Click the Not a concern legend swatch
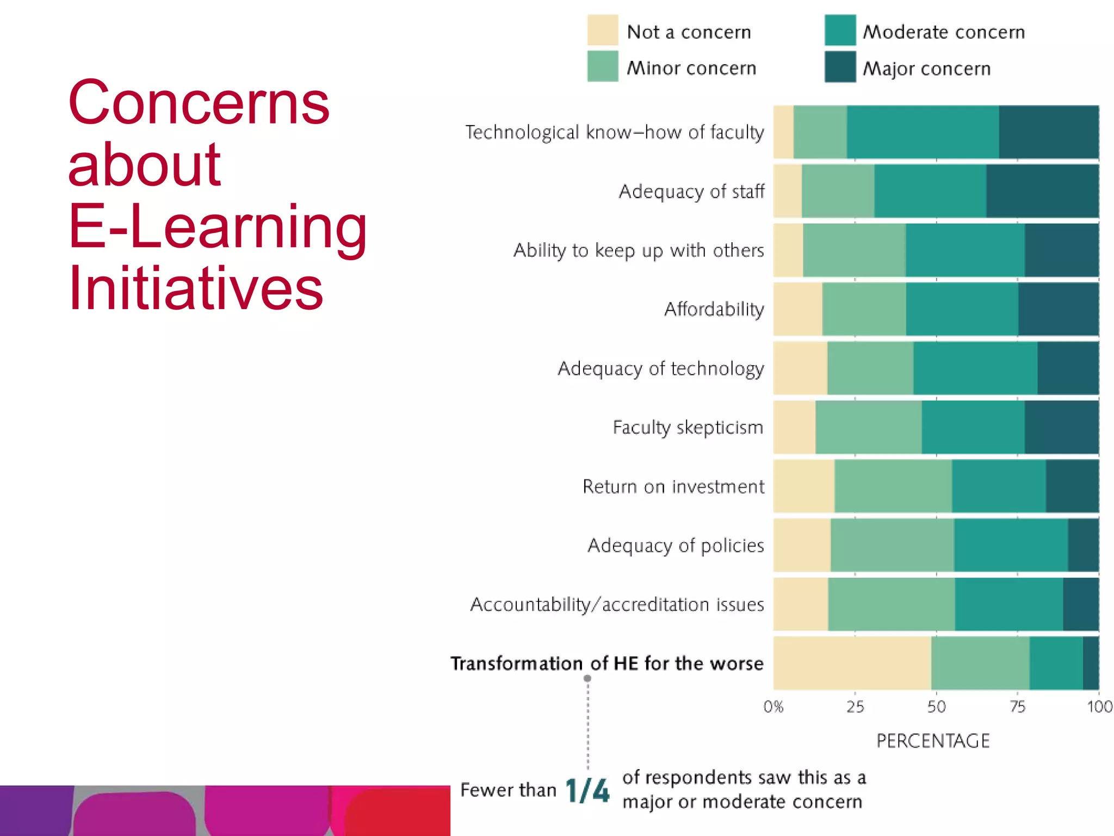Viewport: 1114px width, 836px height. [x=602, y=30]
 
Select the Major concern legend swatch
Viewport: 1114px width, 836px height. [x=840, y=66]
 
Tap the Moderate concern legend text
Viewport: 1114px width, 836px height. [x=944, y=32]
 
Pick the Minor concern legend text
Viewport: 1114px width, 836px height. [x=691, y=68]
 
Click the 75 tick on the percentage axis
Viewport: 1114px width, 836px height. [x=1017, y=706]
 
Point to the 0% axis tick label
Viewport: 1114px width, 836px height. [x=773, y=706]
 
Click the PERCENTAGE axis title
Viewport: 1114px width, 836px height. [x=933, y=741]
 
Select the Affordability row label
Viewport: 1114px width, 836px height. [x=714, y=309]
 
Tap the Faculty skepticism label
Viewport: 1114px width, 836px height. [x=688, y=427]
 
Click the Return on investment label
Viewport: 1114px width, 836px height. [x=673, y=486]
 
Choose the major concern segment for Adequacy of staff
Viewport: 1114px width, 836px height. [x=1042, y=191]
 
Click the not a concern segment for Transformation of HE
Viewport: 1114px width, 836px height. [x=852, y=663]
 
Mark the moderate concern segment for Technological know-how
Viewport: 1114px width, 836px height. [x=923, y=132]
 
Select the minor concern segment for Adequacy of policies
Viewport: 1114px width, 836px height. [x=892, y=545]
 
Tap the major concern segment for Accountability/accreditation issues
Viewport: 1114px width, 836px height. [x=1080, y=604]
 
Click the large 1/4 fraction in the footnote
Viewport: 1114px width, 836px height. [x=587, y=790]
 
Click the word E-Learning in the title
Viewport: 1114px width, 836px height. [x=218, y=226]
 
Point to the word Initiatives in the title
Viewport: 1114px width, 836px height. [x=196, y=287]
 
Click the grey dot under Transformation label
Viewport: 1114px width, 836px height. [x=587, y=678]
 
